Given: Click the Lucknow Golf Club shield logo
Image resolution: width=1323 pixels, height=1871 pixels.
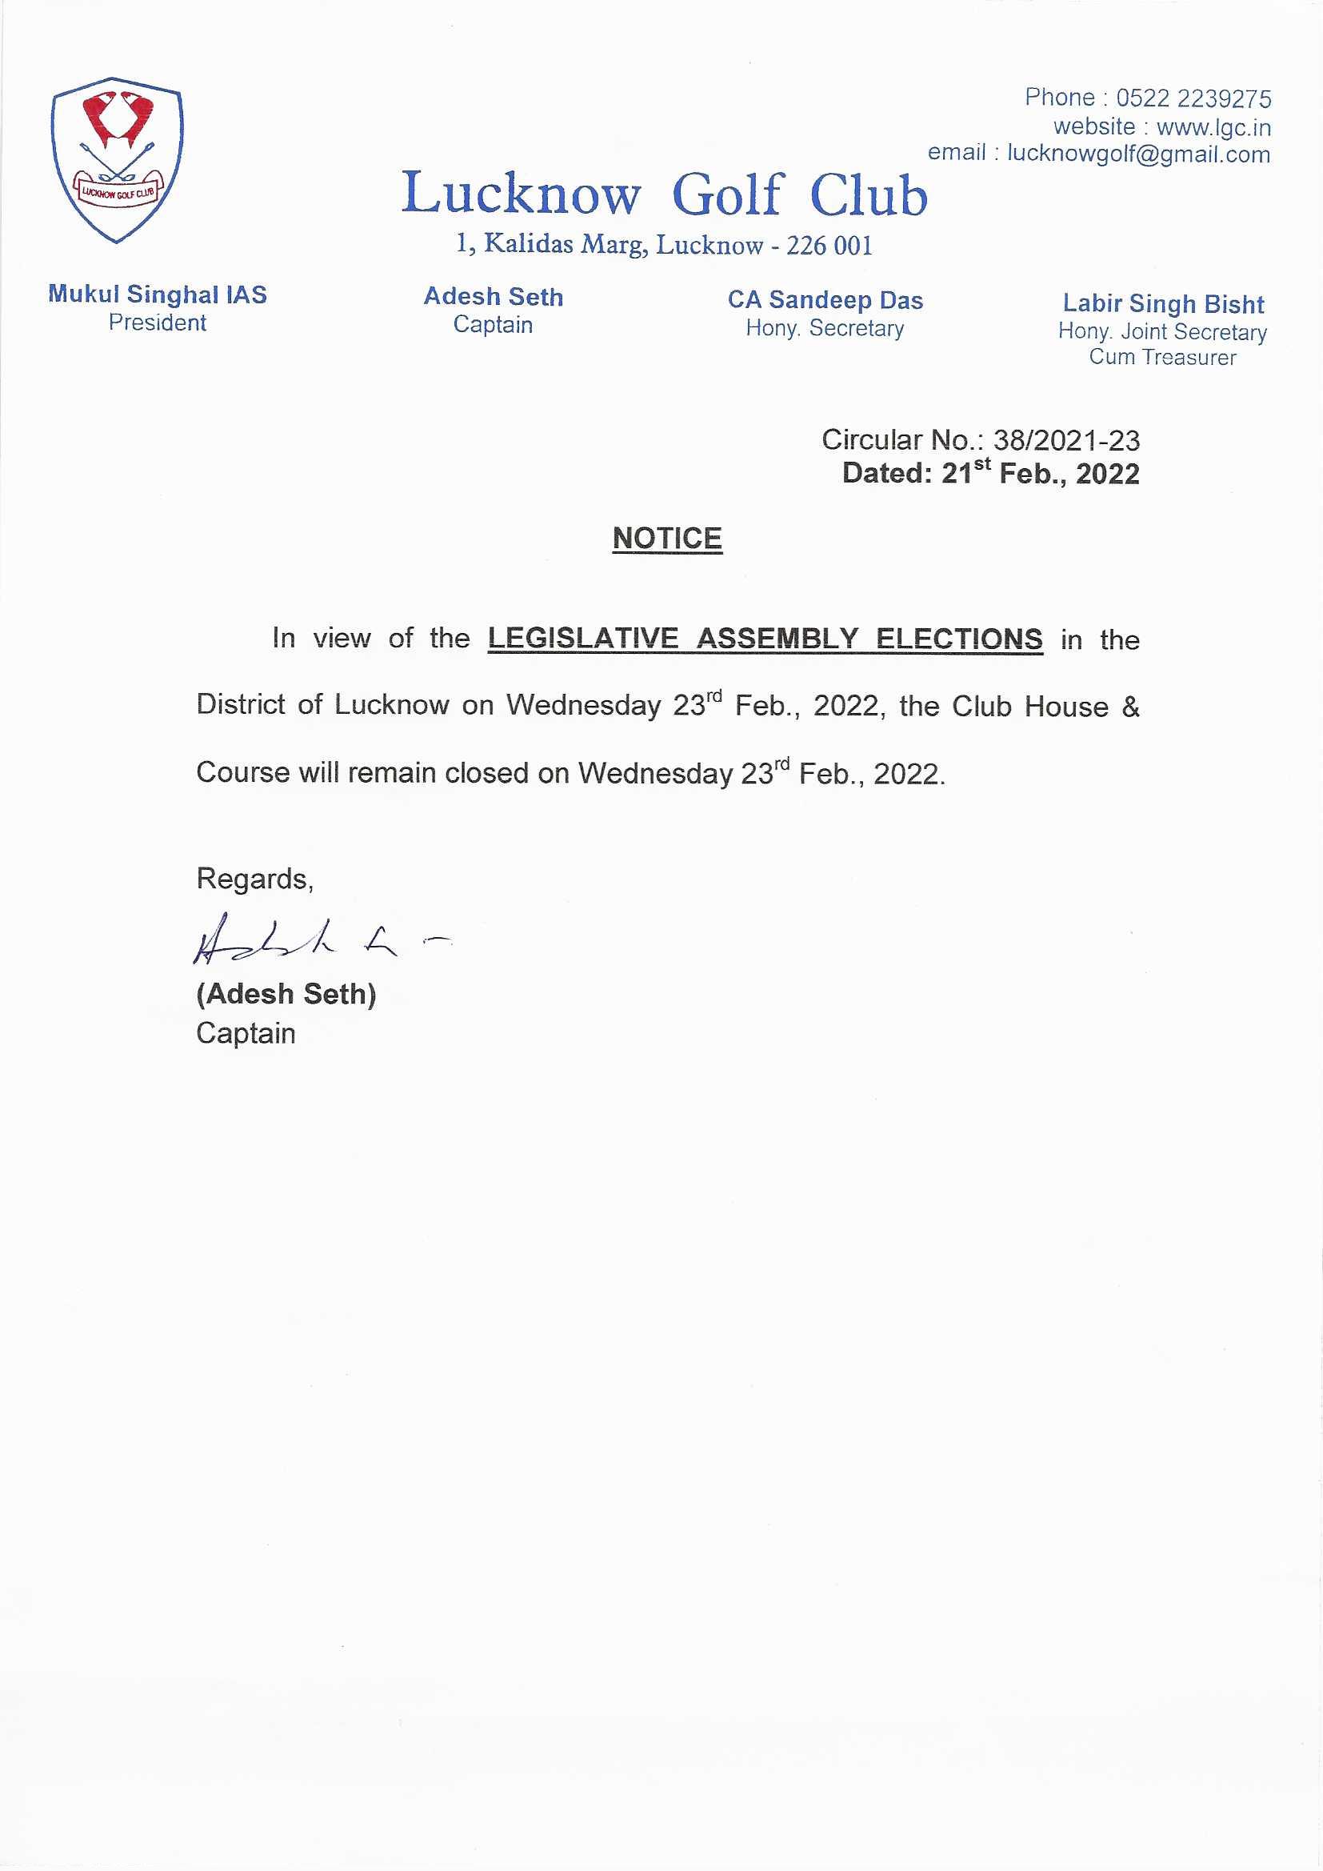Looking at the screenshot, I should point(117,160).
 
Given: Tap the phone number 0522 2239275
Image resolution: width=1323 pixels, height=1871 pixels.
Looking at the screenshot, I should point(1193,98).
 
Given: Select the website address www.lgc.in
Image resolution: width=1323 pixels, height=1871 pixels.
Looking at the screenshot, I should point(1213,127).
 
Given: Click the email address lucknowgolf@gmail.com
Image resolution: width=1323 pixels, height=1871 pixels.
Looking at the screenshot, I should point(1138,154).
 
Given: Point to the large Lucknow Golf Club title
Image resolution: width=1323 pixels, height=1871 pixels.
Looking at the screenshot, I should point(664,194).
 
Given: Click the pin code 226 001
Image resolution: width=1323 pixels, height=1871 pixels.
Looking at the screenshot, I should point(829,246).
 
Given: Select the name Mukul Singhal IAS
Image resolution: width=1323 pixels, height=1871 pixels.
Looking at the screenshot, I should point(158,294).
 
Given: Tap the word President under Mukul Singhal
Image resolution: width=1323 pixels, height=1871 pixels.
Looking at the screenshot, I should point(158,323).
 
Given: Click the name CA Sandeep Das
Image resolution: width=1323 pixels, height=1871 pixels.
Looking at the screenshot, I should point(825,300).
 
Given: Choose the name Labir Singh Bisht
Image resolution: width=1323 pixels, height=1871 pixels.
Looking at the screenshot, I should point(1162,304).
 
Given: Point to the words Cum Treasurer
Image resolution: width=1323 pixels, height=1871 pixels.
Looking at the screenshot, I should point(1162,357).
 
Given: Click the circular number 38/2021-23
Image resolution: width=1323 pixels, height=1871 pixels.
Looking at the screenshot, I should point(1065,440).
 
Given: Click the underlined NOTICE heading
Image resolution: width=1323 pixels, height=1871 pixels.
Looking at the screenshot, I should point(667,539).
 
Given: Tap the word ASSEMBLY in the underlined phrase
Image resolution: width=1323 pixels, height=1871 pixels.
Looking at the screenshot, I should point(777,638).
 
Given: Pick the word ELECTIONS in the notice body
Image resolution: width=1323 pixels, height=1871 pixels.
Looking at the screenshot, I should point(959,638).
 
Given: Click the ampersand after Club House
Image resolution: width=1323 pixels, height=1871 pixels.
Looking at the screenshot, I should point(1130,706).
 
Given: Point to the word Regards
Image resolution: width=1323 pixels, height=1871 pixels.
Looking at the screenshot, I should point(254,879).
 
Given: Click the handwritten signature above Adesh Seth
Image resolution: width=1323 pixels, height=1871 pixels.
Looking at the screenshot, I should point(310,941).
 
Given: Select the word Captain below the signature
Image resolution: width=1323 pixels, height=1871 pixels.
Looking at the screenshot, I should point(246,1033).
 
